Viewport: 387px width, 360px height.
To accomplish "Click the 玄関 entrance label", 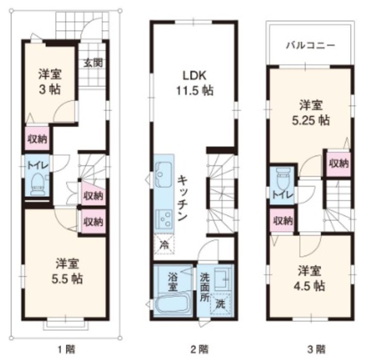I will coord(93,62).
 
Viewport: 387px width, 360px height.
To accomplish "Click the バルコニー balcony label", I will coord(310,47).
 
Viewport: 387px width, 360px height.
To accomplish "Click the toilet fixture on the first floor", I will coord(39,182).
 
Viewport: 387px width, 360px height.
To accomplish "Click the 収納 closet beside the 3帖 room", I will coord(37,138).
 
